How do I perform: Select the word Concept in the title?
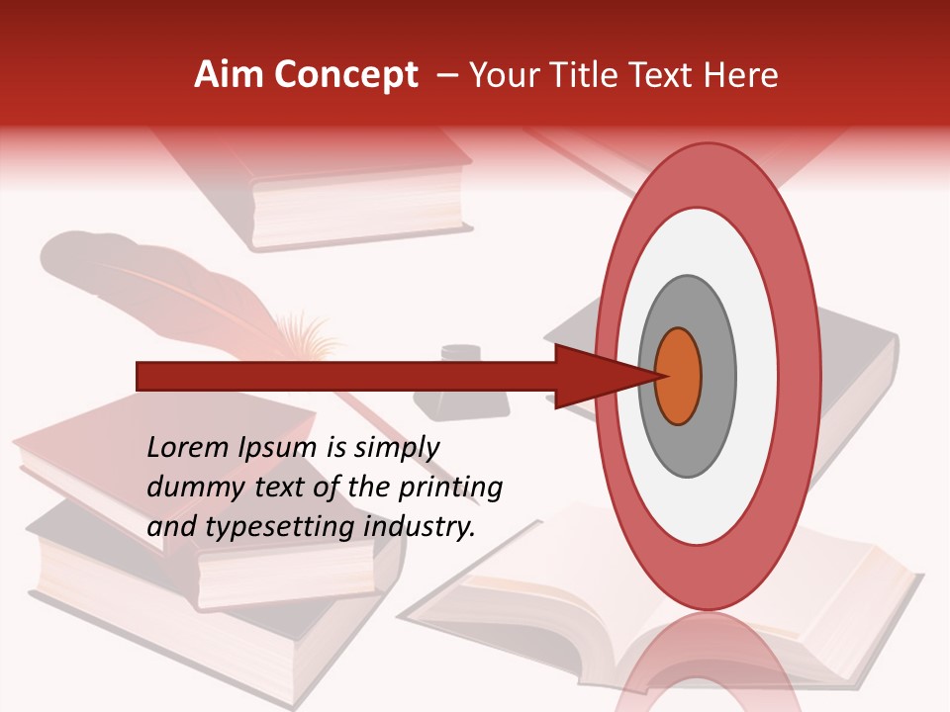pyautogui.click(x=345, y=75)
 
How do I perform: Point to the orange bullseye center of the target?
pyautogui.click(x=678, y=376)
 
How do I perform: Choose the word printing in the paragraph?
pyautogui.click(x=450, y=488)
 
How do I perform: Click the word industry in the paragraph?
pyautogui.click(x=420, y=527)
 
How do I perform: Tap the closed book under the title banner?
pyautogui.click(x=356, y=198)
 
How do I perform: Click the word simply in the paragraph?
pyautogui.click(x=401, y=448)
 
